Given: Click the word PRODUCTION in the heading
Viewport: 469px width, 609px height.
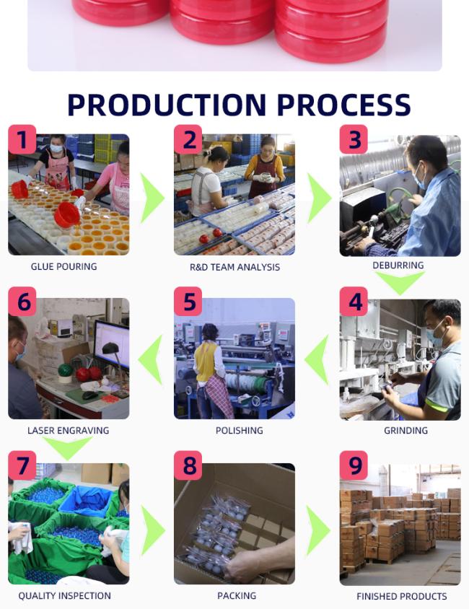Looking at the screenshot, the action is (x=167, y=105).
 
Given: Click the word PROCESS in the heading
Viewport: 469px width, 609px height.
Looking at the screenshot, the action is (x=344, y=105).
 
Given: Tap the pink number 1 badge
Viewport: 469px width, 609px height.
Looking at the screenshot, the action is (x=22, y=139).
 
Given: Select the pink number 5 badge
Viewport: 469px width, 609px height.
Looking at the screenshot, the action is (x=188, y=301).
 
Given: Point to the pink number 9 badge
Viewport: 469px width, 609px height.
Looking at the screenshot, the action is (x=354, y=465).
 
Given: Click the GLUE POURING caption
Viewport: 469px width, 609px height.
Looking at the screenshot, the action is (x=64, y=266).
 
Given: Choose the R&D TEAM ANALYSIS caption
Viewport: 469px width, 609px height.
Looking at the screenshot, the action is (x=235, y=267).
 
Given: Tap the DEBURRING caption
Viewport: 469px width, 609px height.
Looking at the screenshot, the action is (x=398, y=266).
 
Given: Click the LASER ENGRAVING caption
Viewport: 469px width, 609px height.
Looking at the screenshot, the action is (x=69, y=430).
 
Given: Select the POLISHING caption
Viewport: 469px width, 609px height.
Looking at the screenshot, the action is (x=240, y=430).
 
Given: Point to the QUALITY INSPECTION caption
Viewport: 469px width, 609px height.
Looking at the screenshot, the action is (x=64, y=596).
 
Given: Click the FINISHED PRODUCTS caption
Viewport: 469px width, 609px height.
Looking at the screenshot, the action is (x=402, y=596).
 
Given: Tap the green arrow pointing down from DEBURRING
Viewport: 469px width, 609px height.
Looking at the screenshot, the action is (x=400, y=282).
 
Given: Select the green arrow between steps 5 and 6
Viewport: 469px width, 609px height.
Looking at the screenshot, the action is (x=151, y=360).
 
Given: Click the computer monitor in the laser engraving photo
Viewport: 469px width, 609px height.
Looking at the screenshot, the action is (x=112, y=343).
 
